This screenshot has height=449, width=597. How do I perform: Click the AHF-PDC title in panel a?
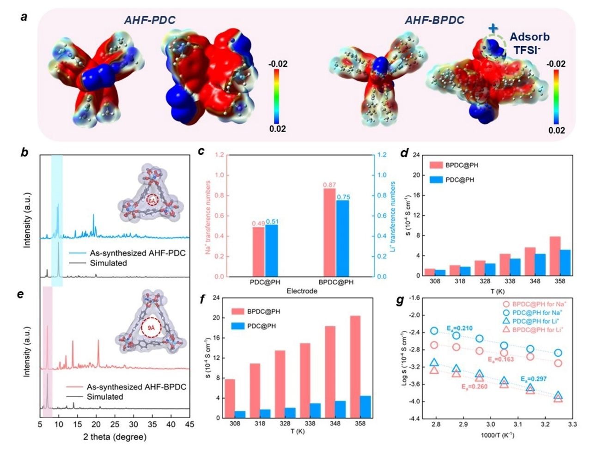click(x=149, y=20)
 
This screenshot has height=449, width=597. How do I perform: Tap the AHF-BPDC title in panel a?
click(x=434, y=20)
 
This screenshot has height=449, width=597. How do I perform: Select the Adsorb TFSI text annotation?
click(x=529, y=43)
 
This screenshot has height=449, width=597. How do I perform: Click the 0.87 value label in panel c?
click(x=329, y=185)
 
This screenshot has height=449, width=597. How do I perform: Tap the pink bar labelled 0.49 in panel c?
click(x=258, y=251)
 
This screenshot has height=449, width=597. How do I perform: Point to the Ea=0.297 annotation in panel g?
click(x=534, y=379)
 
